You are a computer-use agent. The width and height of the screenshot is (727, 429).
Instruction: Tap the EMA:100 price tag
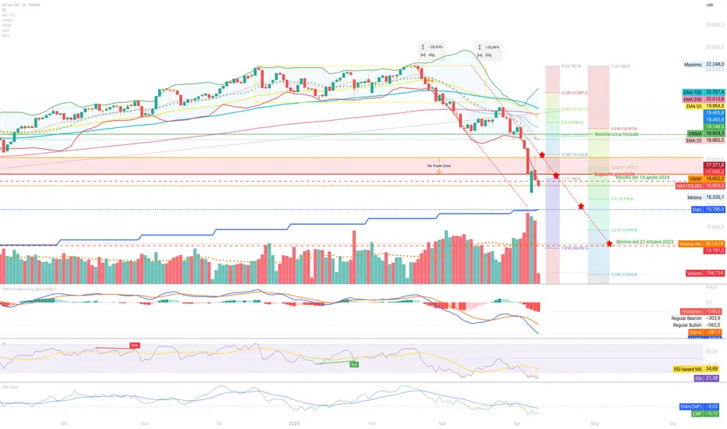click(691, 92)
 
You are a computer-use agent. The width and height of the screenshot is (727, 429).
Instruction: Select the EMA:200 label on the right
click(691, 100)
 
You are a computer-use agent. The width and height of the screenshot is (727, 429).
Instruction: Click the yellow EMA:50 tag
click(692, 107)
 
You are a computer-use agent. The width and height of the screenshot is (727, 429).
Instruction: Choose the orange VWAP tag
click(690, 179)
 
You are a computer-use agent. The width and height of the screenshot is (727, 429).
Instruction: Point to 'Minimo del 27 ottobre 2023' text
click(645, 243)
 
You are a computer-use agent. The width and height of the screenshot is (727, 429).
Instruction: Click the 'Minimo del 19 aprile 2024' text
click(644, 179)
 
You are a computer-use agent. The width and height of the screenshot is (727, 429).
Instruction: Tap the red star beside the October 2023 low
click(609, 244)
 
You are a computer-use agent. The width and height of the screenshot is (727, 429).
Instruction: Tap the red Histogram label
click(691, 310)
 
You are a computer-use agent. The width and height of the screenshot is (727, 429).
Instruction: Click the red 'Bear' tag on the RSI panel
click(134, 346)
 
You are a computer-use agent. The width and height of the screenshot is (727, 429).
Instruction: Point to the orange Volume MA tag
click(690, 244)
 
